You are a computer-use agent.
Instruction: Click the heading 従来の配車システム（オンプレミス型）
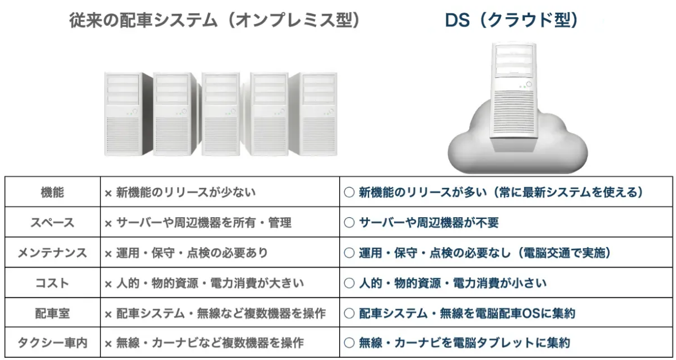tap(215, 21)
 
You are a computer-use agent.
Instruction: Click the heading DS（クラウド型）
tap(512, 21)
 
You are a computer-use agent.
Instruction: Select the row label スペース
tap(53, 222)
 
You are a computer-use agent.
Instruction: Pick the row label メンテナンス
tap(53, 253)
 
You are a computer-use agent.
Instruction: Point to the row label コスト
tap(53, 283)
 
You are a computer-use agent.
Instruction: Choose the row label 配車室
tap(53, 314)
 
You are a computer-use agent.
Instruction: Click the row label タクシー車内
tap(53, 343)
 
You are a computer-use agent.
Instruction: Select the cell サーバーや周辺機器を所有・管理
tap(203, 222)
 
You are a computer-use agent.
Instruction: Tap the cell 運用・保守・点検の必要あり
tap(192, 253)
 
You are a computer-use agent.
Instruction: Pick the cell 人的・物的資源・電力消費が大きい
tap(210, 283)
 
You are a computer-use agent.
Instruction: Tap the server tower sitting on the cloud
tap(513, 97)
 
